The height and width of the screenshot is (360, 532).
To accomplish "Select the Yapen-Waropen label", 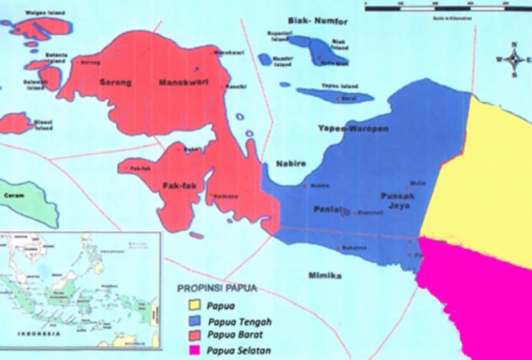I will pyautogui.click(x=359, y=129).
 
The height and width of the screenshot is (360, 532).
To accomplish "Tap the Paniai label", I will pyautogui.click(x=326, y=209).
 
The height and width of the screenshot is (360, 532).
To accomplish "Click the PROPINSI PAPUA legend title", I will pyautogui.click(x=217, y=289).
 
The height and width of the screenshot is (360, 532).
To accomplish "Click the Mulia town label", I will pyautogui.click(x=417, y=183).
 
